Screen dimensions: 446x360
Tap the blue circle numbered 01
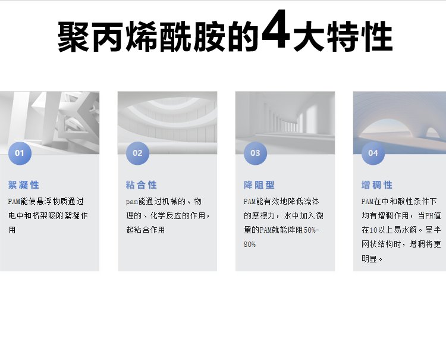pyautogui.click(x=20, y=153)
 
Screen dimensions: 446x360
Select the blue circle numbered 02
pyautogui.click(x=138, y=153)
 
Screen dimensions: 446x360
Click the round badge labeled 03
pyautogui.click(x=256, y=153)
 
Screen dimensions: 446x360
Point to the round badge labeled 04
pyautogui.click(x=373, y=153)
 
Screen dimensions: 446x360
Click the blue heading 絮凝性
pyautogui.click(x=24, y=185)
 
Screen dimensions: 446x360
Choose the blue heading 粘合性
pyautogui.click(x=142, y=185)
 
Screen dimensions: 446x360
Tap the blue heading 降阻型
pyautogui.click(x=259, y=185)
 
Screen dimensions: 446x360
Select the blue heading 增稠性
pyautogui.click(x=377, y=185)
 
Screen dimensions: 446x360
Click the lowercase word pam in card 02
pyautogui.click(x=132, y=202)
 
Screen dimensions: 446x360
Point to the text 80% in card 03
pyautogui.click(x=250, y=244)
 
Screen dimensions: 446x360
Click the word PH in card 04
pyautogui.click(x=429, y=216)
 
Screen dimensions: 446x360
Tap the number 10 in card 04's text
pyautogui.click(x=373, y=230)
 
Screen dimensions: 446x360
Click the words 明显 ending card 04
pyautogui.click(x=369, y=259)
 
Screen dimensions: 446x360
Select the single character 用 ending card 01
pyautogui.click(x=12, y=230)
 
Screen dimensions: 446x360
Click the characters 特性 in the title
pyautogui.click(x=360, y=36)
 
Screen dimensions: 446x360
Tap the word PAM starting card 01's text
pyautogui.click(x=14, y=202)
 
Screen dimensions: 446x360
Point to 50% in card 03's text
pyautogui.click(x=310, y=230)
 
